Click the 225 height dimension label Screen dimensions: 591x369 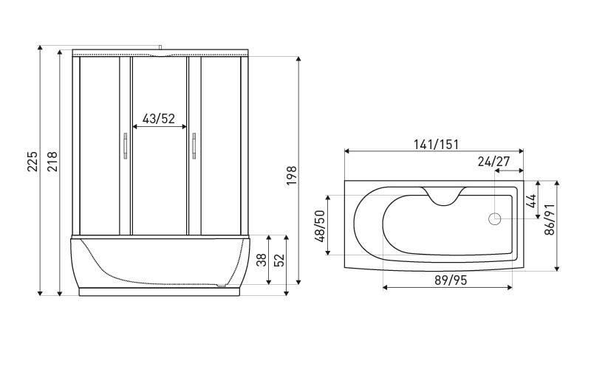coord(33,161)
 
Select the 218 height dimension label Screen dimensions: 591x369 coord(52,161)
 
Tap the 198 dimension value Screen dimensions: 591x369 coord(292,176)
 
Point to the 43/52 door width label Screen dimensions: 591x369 coord(159,119)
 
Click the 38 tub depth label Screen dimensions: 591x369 coord(262,261)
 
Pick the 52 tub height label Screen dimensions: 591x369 coord(279,261)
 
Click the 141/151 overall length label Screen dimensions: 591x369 coord(436,144)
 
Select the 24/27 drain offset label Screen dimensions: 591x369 coord(493,162)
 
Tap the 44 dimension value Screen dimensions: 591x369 coord(530,201)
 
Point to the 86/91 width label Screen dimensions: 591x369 coord(550,219)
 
